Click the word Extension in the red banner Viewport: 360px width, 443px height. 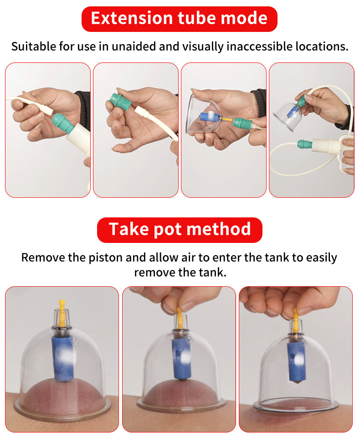pyautogui.click(x=131, y=18)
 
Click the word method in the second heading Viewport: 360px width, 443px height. pyautogui.click(x=219, y=229)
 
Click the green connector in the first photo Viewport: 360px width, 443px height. pyautogui.click(x=63, y=123)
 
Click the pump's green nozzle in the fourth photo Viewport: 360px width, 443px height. pyautogui.click(x=305, y=144)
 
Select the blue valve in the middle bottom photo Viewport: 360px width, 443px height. pyautogui.click(x=182, y=358)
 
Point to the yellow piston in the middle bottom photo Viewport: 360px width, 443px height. pyautogui.click(x=180, y=318)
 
